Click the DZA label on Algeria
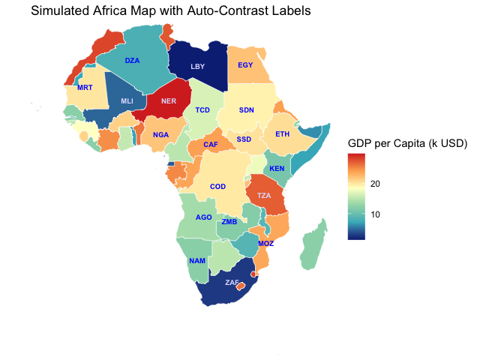coord(132,60)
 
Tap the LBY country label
coord(197,67)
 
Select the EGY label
coord(245,64)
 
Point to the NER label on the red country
coord(168,101)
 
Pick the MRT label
coord(85,88)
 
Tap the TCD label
coord(202,110)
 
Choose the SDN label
coord(247,110)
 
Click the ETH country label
coord(282,134)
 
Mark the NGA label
coord(160,135)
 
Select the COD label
coord(217,187)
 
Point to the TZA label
coord(264,196)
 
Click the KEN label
coord(277,169)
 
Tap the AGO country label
coord(203,217)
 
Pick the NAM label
coord(197,260)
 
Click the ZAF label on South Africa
coord(232,283)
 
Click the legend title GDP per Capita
coord(408,143)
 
